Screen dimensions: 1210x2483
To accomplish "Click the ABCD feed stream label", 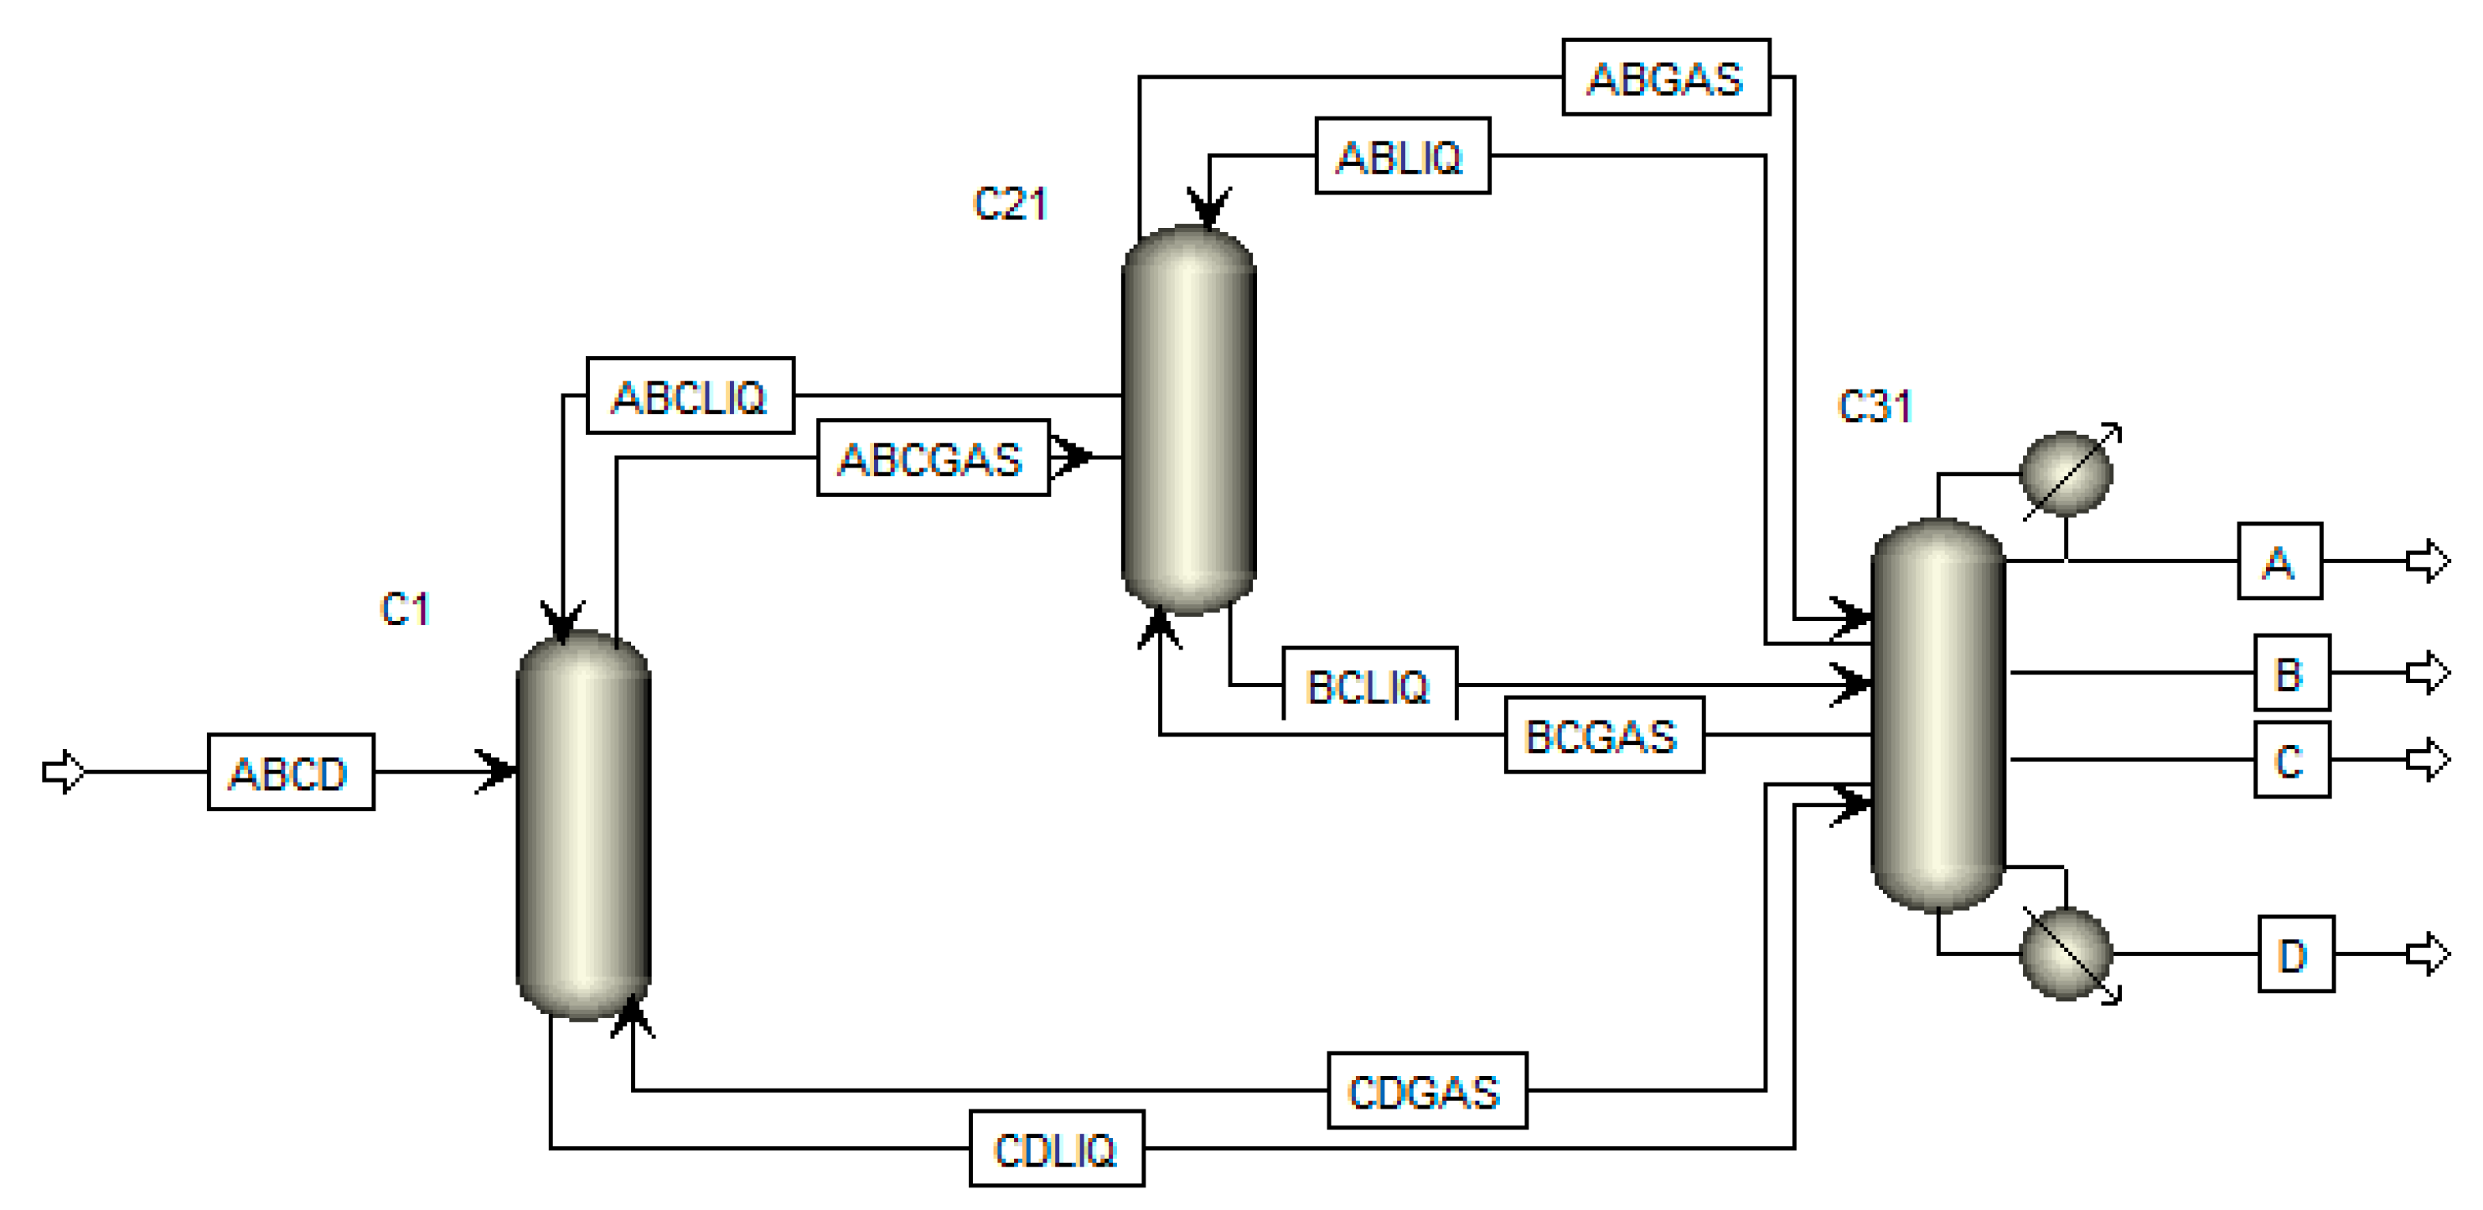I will pyautogui.click(x=290, y=773).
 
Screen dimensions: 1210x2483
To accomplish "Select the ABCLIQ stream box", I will pyautogui.click(x=691, y=396).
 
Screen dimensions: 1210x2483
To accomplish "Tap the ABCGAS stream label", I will pyautogui.click(x=932, y=458).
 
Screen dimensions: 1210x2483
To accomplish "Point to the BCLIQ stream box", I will pyautogui.click(x=1368, y=685).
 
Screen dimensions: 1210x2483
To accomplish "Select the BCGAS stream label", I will pyautogui.click(x=1603, y=736).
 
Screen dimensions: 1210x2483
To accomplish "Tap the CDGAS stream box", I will pyautogui.click(x=1426, y=1090).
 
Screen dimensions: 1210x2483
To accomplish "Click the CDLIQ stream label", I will pyautogui.click(x=1056, y=1148).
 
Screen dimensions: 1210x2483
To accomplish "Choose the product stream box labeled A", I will pyautogui.click(x=2279, y=561).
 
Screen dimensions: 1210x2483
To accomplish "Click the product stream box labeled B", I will pyautogui.click(x=2291, y=672).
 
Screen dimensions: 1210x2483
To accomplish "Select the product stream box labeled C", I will pyautogui.click(x=2291, y=760).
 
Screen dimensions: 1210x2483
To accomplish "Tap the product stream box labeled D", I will pyautogui.click(x=2295, y=954).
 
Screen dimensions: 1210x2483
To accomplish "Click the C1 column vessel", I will pyautogui.click(x=583, y=825).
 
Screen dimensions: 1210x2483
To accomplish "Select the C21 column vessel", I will pyautogui.click(x=1188, y=420).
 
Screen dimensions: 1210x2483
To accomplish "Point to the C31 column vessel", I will pyautogui.click(x=1937, y=713).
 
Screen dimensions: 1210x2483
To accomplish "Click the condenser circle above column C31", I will pyautogui.click(x=2066, y=473).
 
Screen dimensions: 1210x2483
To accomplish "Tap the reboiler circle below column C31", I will pyautogui.click(x=2066, y=954).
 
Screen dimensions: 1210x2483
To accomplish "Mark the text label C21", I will pyautogui.click(x=1009, y=204).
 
